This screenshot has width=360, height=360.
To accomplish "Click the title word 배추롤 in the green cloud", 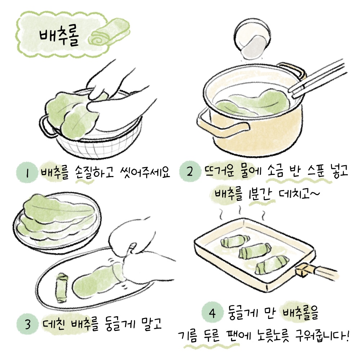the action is coord(59,37).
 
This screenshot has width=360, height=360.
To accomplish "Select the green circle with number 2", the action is coord(190,171).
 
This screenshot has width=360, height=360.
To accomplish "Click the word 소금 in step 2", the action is coord(275,171).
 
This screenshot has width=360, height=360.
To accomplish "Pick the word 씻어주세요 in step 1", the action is coord(145,172).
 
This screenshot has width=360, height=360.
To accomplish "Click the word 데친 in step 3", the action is coord(54,324).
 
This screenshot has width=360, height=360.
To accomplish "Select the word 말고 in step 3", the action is coord(152,324).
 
